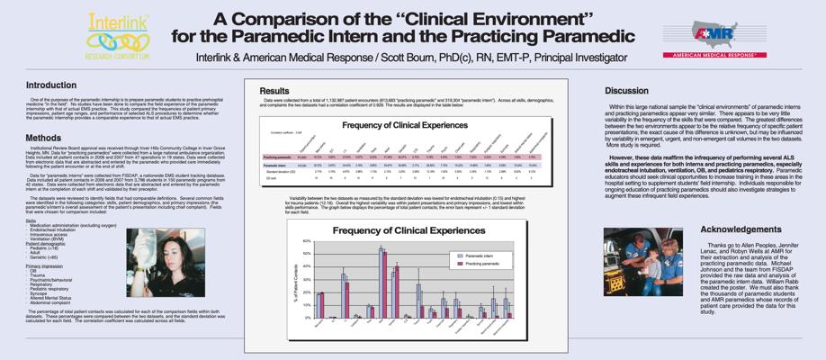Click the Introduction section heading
[x=50, y=85]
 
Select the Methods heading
[x=43, y=138]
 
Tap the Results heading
[x=274, y=91]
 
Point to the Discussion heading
[x=626, y=91]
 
